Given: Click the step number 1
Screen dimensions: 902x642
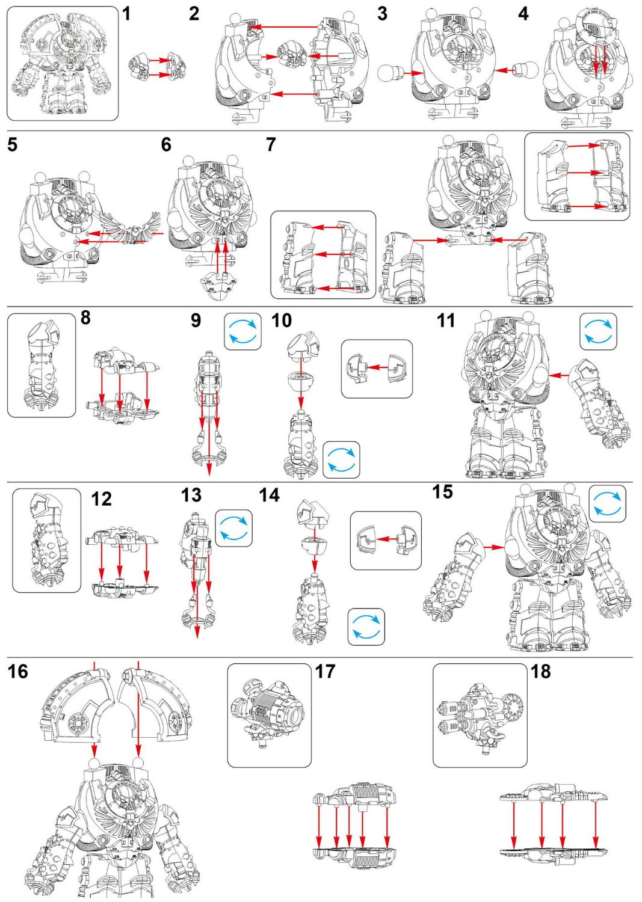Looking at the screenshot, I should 126,13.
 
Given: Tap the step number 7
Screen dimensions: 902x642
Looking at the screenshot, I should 271,145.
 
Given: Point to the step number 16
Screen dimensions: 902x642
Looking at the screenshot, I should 18,671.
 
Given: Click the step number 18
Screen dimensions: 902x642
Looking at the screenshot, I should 540,671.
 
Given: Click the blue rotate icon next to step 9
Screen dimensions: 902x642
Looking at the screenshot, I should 242,331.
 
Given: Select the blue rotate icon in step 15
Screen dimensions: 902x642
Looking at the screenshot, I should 607,504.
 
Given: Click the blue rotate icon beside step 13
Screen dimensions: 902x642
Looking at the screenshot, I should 233,528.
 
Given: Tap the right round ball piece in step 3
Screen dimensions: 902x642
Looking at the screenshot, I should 527,70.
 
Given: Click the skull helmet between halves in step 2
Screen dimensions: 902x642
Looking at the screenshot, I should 292,56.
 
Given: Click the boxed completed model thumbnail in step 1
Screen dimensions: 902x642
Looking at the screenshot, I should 63,63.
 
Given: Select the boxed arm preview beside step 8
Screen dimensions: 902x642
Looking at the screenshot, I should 42,365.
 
